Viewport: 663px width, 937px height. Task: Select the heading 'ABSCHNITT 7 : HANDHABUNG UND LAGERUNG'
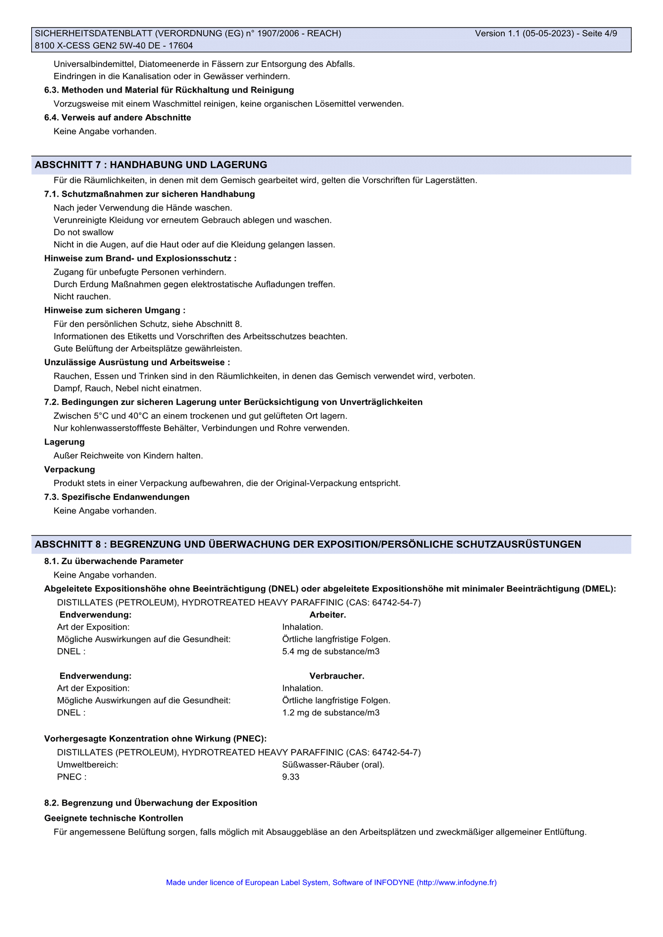[x=151, y=165]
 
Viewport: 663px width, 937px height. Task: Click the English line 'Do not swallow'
[x=84, y=232]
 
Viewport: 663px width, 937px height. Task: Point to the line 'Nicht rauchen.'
[x=82, y=296]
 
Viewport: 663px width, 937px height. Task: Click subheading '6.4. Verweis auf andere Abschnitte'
[x=117, y=117]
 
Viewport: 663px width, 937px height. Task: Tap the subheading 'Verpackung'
[x=70, y=469]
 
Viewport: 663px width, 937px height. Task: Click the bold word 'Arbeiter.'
[x=328, y=615]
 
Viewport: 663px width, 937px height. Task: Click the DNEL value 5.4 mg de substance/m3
[x=331, y=651]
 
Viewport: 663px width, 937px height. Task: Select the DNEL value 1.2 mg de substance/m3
[x=331, y=712]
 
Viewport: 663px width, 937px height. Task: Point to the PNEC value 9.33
[x=291, y=776]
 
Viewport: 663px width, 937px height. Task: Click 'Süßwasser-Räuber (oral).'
[x=333, y=765]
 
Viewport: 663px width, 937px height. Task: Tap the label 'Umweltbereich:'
[x=88, y=765]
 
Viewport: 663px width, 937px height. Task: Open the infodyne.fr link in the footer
[x=456, y=882]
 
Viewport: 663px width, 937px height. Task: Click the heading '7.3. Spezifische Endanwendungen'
[x=117, y=497]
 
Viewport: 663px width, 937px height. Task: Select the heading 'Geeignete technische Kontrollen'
[x=114, y=818]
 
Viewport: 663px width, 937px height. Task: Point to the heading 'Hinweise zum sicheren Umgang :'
[x=115, y=310]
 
